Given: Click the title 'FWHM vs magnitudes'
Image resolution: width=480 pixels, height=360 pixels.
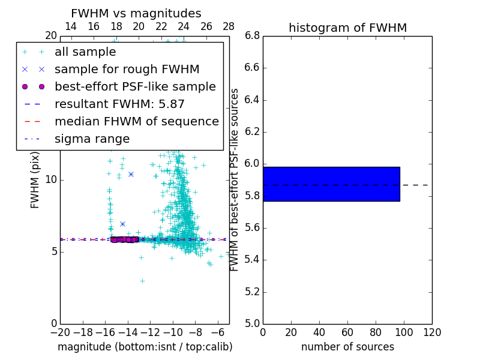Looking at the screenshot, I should (136, 13).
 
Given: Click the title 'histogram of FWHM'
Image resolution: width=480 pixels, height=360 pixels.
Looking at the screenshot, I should (347, 28).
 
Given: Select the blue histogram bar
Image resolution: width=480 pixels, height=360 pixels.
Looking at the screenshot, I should (331, 184).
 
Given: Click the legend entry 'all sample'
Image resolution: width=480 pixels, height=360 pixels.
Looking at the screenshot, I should (85, 52).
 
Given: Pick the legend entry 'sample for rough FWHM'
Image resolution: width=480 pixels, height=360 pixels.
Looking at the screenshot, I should (127, 69).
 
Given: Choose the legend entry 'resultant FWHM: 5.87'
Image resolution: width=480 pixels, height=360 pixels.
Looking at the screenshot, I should (119, 104).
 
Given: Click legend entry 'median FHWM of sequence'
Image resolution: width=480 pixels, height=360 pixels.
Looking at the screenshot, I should (136, 121).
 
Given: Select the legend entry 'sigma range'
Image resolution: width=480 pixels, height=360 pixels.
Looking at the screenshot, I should (92, 139).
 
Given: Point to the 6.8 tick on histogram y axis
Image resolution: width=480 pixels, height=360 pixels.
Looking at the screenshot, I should (253, 36).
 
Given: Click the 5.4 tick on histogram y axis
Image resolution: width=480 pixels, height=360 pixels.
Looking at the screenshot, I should (253, 260).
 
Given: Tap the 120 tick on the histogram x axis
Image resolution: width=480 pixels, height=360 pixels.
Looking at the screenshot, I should (432, 332).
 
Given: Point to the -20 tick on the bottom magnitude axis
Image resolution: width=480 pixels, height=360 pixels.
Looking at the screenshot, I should (60, 332).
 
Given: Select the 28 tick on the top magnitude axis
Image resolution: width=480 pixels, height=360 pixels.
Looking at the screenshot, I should (229, 26).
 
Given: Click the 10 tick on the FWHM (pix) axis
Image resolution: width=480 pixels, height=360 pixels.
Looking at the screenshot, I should (51, 180).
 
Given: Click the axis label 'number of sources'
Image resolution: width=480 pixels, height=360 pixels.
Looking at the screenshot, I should (347, 347).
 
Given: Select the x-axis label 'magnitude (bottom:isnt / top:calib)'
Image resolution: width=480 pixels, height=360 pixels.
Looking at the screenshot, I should (145, 347).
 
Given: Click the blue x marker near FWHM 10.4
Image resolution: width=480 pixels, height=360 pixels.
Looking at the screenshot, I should (131, 174).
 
